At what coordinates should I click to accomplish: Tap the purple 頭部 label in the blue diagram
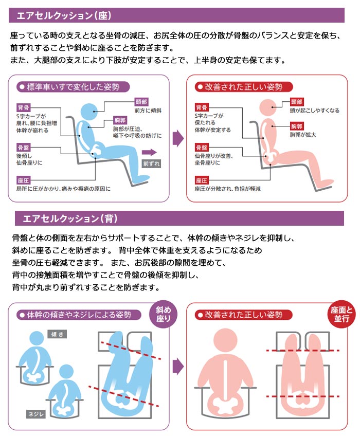click(x=141, y=102)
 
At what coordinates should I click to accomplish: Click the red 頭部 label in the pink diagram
click(x=297, y=102)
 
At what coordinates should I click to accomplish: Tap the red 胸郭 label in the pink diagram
click(x=297, y=126)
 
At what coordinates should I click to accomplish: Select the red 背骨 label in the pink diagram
click(x=202, y=107)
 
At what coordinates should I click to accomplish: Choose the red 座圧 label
click(x=202, y=180)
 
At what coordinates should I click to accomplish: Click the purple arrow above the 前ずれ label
click(x=150, y=152)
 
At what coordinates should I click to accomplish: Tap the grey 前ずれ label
click(x=152, y=164)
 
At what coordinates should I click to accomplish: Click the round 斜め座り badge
click(x=160, y=314)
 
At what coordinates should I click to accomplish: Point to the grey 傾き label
click(x=58, y=335)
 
